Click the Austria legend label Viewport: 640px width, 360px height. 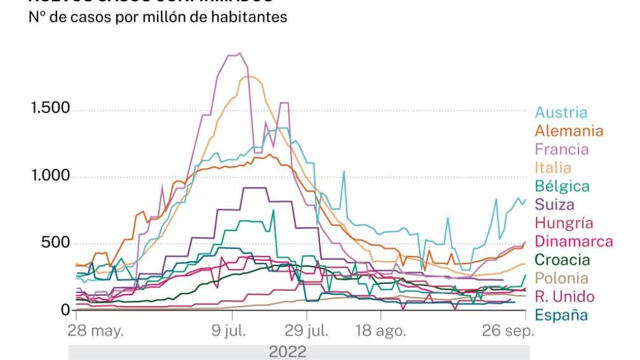coord(560,113)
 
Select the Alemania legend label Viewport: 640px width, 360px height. coord(569,131)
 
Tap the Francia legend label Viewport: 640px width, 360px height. coord(561,149)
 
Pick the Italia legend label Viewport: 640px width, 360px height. coord(553,168)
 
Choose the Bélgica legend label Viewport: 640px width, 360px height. coord(562,186)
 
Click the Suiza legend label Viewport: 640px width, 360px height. coord(554,204)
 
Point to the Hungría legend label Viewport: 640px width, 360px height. coord(564,223)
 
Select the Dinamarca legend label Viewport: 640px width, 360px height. coord(573,242)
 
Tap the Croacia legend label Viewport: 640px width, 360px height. coord(562,260)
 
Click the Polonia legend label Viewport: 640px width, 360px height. coord(562,278)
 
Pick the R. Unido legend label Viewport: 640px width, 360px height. coord(565,296)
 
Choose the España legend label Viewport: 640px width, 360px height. coord(561,315)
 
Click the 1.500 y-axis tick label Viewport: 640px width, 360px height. coord(51,108)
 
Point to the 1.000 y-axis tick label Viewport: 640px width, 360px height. coord(51,176)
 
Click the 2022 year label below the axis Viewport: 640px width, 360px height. coord(287,352)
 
